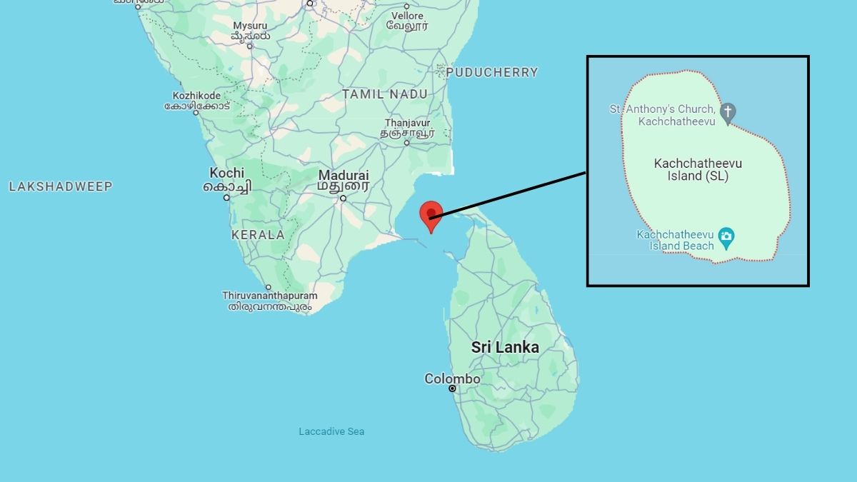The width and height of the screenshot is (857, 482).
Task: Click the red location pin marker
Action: point(430,214)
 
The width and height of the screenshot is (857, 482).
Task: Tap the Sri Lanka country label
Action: point(505,348)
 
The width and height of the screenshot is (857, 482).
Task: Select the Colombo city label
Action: point(452,378)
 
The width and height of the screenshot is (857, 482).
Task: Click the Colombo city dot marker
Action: point(452,388)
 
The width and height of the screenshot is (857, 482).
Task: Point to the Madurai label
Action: point(344,175)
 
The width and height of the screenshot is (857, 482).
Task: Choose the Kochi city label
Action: point(226,173)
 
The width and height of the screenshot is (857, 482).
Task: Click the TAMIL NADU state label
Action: point(384,94)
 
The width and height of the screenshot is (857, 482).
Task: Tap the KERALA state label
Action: point(258,235)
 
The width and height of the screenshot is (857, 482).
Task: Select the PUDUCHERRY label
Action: point(492,72)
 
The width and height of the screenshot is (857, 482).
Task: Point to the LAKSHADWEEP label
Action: point(61,186)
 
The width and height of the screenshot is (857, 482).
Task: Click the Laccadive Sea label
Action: point(331,431)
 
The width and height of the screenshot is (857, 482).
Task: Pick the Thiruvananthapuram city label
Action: point(269,296)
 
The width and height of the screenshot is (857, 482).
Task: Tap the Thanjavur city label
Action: point(407,123)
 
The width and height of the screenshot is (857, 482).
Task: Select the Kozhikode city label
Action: point(196,96)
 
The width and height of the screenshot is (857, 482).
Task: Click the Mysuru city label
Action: point(249,26)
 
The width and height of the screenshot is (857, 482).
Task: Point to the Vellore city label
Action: point(407,16)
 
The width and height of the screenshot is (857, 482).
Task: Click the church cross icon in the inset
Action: point(728,112)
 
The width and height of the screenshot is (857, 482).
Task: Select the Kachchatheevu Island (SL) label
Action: point(691,170)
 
